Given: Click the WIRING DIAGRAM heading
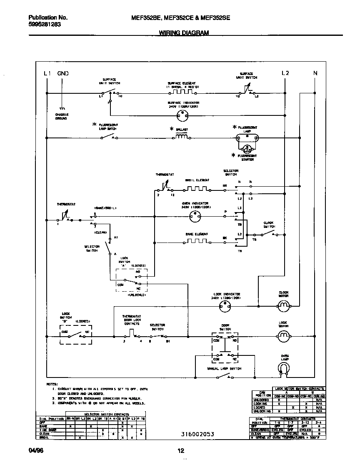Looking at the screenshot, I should [184, 32].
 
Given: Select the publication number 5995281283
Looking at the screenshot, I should [44, 24].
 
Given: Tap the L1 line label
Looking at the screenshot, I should [47, 73].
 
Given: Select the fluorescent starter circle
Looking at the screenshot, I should [247, 148].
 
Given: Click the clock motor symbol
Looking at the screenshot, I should [283, 306].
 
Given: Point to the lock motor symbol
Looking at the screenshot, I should [283, 335].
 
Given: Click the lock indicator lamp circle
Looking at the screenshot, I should [225, 306].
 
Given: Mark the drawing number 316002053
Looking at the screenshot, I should [197, 434].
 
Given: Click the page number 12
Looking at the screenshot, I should [180, 450].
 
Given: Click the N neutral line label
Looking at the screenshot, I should [315, 73].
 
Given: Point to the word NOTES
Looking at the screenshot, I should [52, 383].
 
